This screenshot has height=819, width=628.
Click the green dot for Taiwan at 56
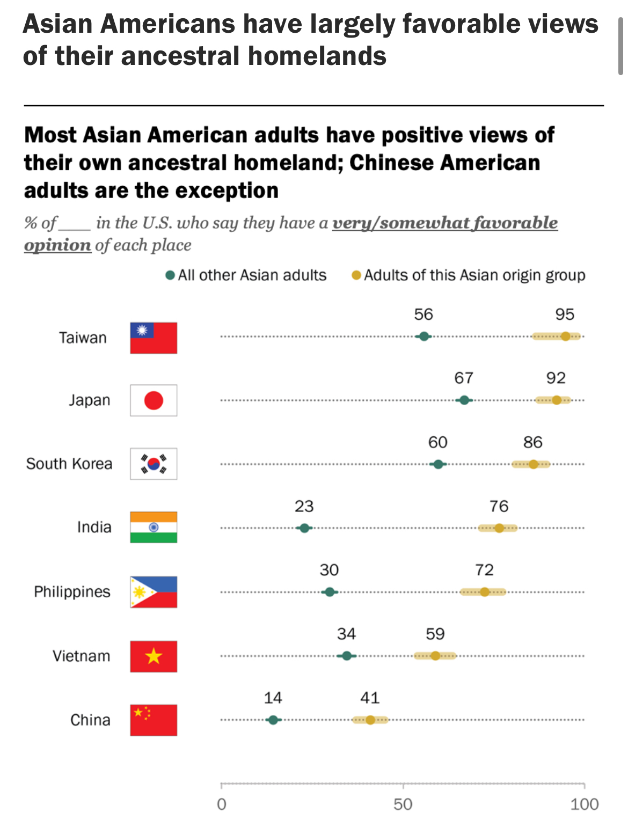coord(424,337)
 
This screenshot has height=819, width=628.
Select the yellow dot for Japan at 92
coord(557,400)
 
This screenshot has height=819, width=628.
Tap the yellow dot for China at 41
coord(370,720)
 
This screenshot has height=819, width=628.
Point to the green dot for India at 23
coord(304,528)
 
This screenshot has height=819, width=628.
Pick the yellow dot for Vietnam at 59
coord(435,656)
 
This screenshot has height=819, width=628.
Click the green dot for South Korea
coord(438,464)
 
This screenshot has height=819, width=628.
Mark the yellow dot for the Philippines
coord(484,592)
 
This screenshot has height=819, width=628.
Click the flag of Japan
coord(154,400)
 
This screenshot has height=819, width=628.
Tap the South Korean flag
coord(154,464)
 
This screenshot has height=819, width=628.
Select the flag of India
coord(154,528)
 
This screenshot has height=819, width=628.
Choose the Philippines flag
coord(154,592)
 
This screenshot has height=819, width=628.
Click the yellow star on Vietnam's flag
coord(154,656)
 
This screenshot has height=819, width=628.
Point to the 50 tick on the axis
coord(403,786)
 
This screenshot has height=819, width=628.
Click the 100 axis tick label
coord(584,804)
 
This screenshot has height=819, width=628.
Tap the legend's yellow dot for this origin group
coord(356,275)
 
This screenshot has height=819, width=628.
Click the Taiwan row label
coord(83,338)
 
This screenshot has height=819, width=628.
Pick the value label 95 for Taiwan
coord(565,315)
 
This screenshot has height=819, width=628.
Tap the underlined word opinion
coord(57,245)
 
